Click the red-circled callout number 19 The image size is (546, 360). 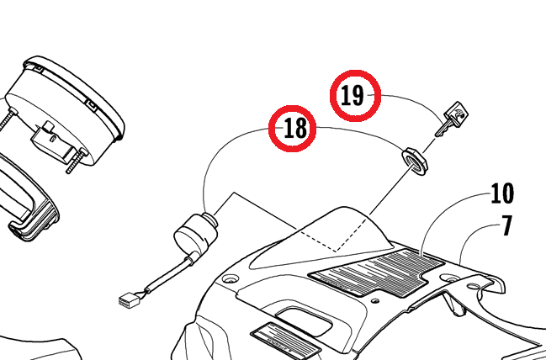[355, 96]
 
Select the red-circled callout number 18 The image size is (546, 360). [293, 129]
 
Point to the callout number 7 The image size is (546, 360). [507, 225]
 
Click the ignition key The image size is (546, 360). [452, 119]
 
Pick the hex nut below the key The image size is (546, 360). [415, 161]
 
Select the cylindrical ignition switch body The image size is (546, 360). [195, 230]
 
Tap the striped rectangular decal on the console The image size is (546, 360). [377, 273]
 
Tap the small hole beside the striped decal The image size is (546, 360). [375, 300]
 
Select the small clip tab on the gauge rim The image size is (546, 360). [91, 105]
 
